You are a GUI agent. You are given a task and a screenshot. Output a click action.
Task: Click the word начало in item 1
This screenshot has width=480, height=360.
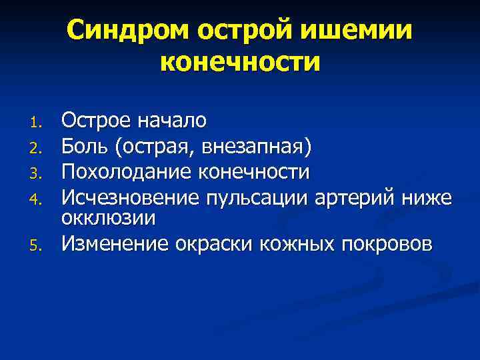click(171, 121)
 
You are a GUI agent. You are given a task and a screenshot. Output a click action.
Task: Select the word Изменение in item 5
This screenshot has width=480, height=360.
click(115, 243)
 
